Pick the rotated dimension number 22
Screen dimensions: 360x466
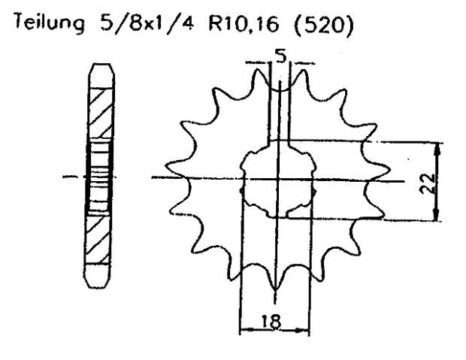(x=428, y=182)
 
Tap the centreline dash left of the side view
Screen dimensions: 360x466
(x=70, y=177)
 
